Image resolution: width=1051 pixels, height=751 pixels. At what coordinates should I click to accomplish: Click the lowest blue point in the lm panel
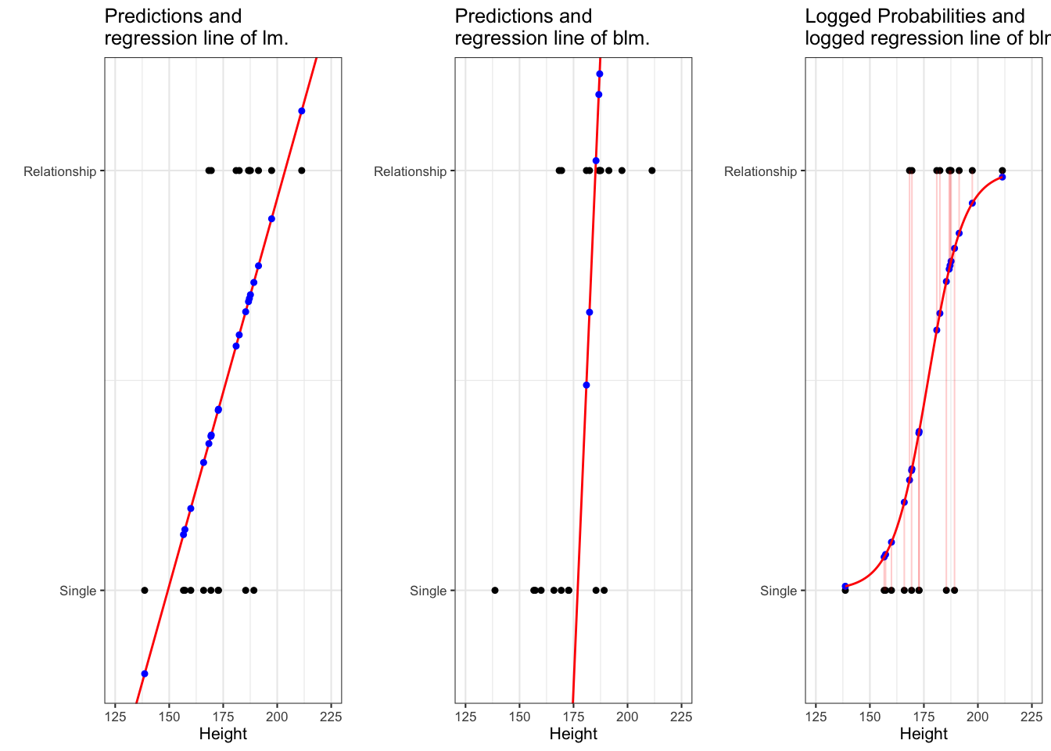pos(144,674)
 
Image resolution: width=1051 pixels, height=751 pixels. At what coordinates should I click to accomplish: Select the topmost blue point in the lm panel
pos(301,111)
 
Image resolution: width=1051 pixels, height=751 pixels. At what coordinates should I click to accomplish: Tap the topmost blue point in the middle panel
pos(599,74)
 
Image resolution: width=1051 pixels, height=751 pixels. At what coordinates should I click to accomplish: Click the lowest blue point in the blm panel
pos(586,385)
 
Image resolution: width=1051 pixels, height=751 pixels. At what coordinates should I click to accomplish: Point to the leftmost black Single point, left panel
pos(144,591)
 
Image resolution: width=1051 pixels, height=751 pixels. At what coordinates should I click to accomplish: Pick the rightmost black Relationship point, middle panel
pos(651,171)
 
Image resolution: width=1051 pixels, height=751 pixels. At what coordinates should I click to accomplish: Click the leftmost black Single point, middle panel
pos(494,591)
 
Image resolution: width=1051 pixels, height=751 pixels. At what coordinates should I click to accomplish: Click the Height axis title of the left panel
pos(223,734)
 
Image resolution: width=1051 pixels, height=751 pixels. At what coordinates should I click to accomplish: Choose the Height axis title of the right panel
pos(924,734)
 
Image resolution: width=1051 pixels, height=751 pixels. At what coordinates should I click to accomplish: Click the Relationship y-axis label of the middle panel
pos(410,171)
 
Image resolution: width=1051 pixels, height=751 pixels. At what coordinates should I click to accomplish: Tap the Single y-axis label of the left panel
pos(77,591)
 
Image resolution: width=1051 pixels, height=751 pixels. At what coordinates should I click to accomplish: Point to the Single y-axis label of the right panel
pos(778,591)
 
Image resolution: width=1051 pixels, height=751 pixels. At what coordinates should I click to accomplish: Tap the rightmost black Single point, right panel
pos(954,591)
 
